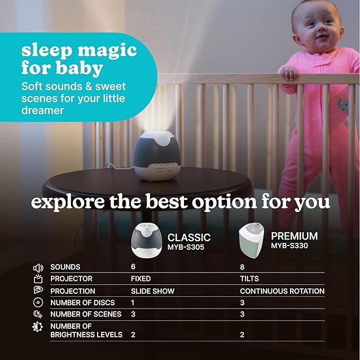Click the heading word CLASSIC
(189, 238)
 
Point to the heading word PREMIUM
(294, 236)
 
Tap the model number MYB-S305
(186, 247)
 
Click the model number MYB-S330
(290, 246)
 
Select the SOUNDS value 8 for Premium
(242, 267)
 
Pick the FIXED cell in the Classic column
(141, 279)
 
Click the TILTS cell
(248, 279)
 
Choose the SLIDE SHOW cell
(153, 291)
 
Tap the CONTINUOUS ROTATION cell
(282, 291)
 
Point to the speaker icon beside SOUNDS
(38, 267)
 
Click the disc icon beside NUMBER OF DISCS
(38, 303)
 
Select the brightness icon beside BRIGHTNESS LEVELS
(38, 327)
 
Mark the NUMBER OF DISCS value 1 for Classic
(133, 303)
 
